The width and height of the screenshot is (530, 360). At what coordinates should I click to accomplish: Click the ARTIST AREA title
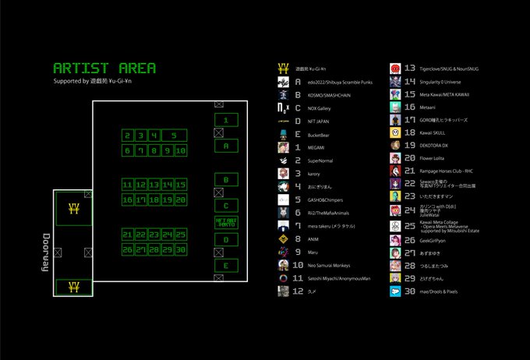coord(104,68)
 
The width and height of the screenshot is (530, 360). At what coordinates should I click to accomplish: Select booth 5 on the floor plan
coord(174,136)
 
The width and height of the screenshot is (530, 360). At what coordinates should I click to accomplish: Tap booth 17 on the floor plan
coord(140,200)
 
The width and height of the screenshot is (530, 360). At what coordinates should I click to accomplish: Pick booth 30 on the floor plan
coord(180,249)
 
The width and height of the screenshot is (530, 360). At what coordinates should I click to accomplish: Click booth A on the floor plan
coord(226,146)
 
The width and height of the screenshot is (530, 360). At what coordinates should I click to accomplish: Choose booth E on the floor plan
coord(226,266)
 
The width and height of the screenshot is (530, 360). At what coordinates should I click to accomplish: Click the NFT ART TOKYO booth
coord(226,222)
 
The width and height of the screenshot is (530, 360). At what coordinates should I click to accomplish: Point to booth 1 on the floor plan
coord(226,120)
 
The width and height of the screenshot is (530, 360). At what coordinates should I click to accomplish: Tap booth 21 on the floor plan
coord(128,235)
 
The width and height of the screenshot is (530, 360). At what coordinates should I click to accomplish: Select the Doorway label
coord(46,251)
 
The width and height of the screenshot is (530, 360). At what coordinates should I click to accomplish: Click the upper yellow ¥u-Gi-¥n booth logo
coord(73,209)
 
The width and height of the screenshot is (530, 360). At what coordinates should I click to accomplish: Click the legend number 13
coord(409,69)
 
